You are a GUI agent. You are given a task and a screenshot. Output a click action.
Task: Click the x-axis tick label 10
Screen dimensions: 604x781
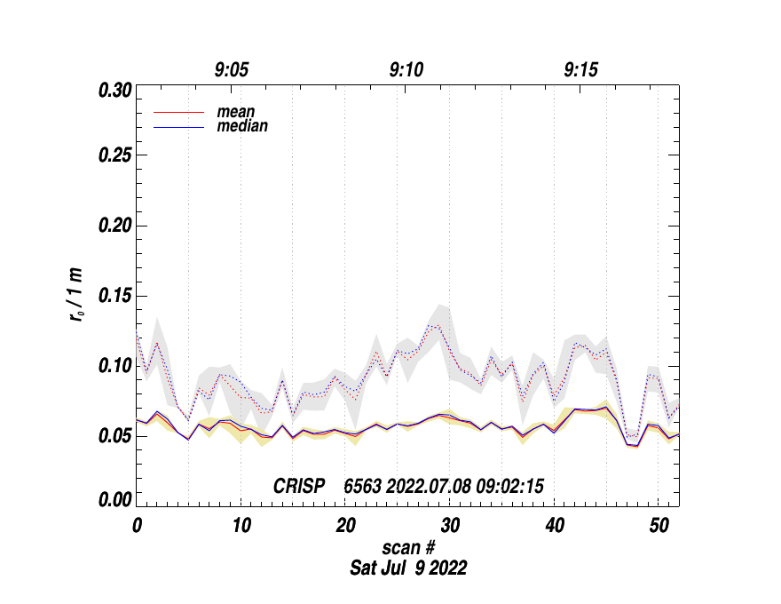click(241, 525)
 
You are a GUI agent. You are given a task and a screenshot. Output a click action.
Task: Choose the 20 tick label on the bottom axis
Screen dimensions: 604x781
click(345, 525)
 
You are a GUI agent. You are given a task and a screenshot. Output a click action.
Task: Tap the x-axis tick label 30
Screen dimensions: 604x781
click(450, 525)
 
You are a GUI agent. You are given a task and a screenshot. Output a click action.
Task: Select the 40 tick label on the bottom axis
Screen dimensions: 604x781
click(555, 525)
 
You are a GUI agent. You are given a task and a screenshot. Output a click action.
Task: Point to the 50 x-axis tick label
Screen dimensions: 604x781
click(659, 525)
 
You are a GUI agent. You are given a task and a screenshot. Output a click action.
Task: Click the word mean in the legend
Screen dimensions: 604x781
click(236, 113)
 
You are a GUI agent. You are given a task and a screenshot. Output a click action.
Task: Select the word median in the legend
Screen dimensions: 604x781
click(242, 126)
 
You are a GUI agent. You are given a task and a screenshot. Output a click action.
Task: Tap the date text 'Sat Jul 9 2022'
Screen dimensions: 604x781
click(409, 568)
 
